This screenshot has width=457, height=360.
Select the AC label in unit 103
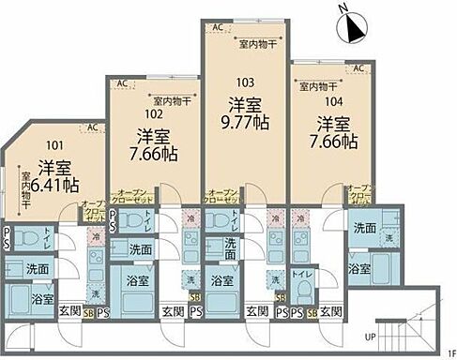[217, 27]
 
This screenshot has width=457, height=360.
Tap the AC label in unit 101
[92, 127]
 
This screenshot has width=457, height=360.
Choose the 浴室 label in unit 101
[42, 300]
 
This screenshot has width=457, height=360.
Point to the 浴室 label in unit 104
[359, 268]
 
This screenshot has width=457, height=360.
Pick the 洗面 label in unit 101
[38, 269]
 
